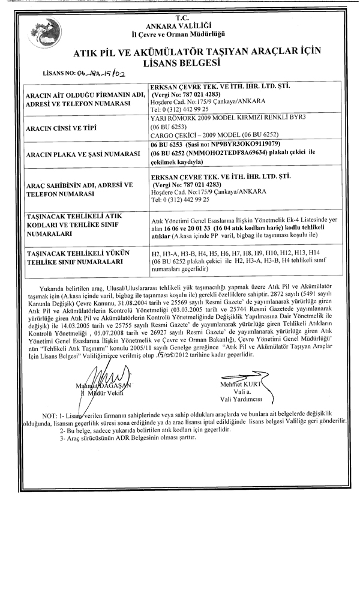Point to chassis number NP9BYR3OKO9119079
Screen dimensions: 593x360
pos(221,146)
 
